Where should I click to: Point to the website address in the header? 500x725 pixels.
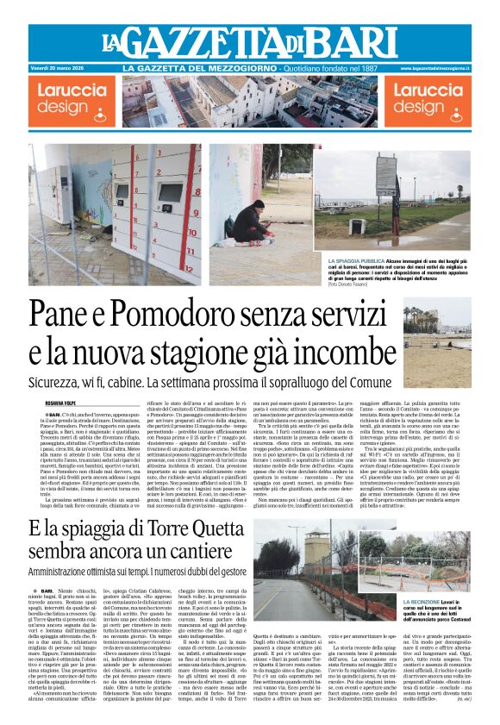437,67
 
